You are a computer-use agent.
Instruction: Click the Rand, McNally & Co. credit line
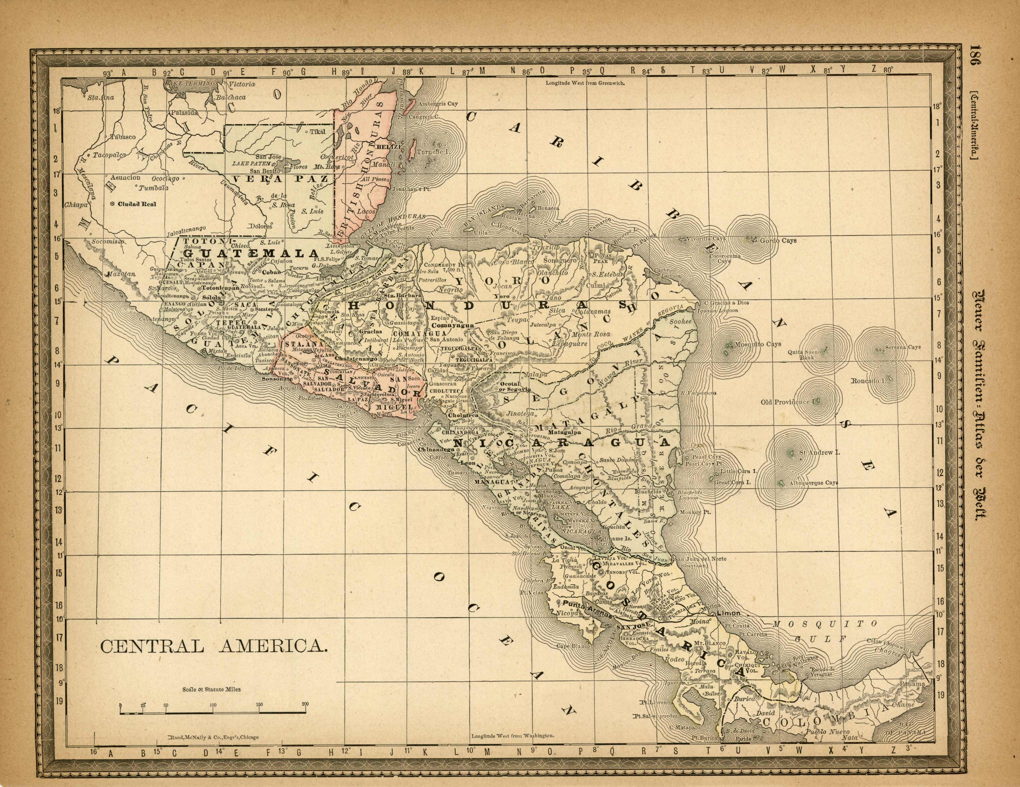[x=212, y=737]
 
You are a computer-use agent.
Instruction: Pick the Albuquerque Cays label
[x=814, y=483]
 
